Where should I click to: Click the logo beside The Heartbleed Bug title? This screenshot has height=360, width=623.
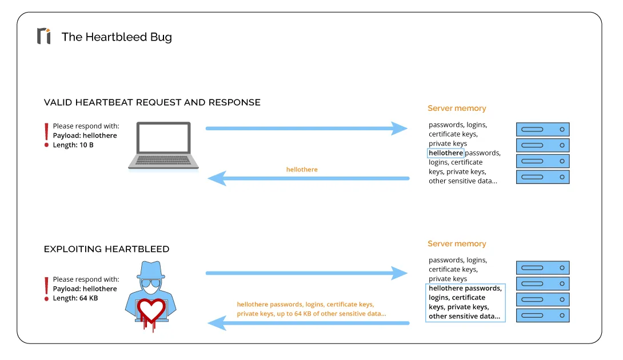click(43, 36)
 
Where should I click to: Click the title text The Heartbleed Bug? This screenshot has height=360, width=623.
click(117, 37)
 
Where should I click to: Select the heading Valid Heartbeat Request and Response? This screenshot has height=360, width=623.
click(152, 103)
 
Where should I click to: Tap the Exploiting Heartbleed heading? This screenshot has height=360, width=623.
click(107, 249)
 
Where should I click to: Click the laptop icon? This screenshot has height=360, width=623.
click(163, 146)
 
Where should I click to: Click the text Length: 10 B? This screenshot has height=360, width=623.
click(73, 145)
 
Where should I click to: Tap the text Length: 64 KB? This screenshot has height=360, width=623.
click(75, 298)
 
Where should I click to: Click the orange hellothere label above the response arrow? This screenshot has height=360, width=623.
click(302, 170)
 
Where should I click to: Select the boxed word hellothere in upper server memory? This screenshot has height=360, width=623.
click(446, 153)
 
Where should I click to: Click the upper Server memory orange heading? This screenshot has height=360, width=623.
click(457, 109)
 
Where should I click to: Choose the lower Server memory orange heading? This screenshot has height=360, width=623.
click(457, 244)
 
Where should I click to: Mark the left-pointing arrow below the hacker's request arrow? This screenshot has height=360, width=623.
click(308, 323)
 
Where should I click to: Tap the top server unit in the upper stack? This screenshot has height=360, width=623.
click(542, 129)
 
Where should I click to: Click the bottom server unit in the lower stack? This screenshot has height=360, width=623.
click(542, 315)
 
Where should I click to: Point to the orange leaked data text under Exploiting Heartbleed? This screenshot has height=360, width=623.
click(311, 309)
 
